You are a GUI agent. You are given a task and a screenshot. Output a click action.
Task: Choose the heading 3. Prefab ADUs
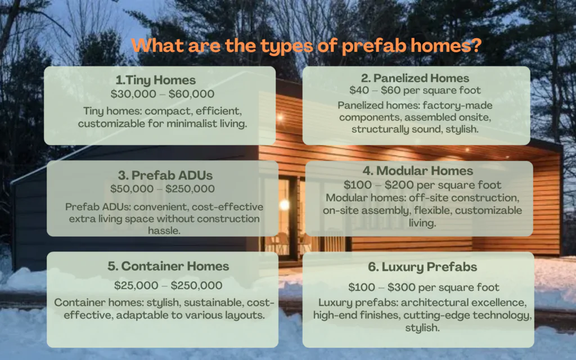pyautogui.click(x=163, y=175)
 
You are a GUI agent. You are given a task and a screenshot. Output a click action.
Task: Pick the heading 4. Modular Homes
pyautogui.click(x=417, y=170)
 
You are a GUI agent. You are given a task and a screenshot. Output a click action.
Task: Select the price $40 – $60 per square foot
pyautogui.click(x=416, y=90)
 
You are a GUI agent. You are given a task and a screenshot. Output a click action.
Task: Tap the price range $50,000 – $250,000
pyautogui.click(x=163, y=189)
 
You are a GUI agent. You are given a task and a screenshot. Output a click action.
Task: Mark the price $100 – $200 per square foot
pyautogui.click(x=416, y=184)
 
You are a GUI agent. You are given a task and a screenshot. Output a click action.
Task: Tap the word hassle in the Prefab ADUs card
pyautogui.click(x=163, y=230)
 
